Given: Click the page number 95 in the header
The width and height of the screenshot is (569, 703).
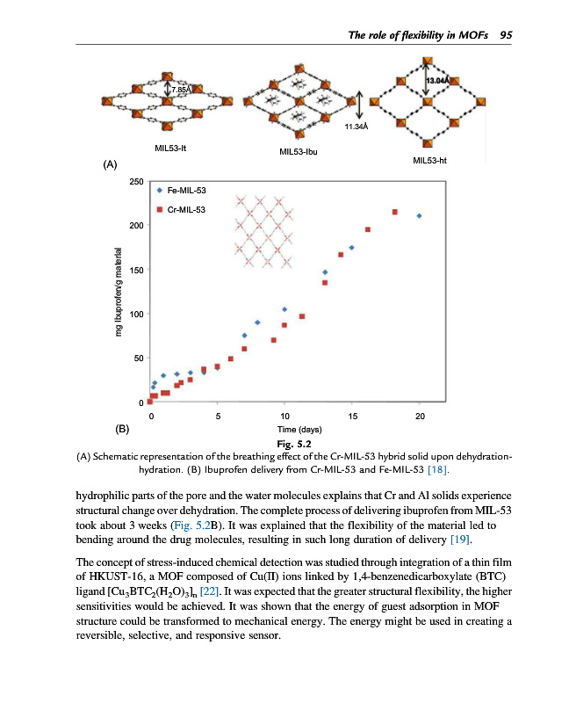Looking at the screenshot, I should pyautogui.click(x=505, y=35).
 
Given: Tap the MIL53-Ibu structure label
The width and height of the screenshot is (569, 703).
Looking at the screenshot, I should pyautogui.click(x=298, y=152).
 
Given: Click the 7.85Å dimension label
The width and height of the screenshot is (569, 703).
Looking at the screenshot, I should pyautogui.click(x=180, y=90).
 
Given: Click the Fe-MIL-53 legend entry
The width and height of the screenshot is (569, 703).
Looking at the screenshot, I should pyautogui.click(x=183, y=190).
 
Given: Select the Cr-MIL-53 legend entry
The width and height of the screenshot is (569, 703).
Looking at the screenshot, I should pyautogui.click(x=183, y=208).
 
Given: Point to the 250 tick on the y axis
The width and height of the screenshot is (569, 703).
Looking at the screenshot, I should pyautogui.click(x=136, y=182).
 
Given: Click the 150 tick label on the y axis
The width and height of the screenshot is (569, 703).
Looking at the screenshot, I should pyautogui.click(x=136, y=271).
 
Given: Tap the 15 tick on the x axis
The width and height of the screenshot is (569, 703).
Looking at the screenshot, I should pyautogui.click(x=352, y=416).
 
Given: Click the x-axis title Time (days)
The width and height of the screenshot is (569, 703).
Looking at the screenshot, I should pyautogui.click(x=284, y=429).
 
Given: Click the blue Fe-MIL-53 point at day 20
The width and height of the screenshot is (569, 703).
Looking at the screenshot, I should pyautogui.click(x=420, y=215).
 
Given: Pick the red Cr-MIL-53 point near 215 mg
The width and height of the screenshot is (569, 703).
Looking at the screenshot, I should pyautogui.click(x=394, y=212).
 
